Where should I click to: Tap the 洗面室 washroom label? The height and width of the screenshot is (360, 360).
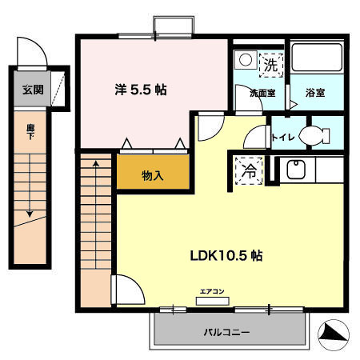tap(261, 94)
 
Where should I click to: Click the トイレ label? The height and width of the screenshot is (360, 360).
tap(284, 137)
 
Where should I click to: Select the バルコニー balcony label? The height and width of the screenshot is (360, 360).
tap(226, 331)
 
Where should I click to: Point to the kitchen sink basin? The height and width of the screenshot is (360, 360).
tap(294, 170)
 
